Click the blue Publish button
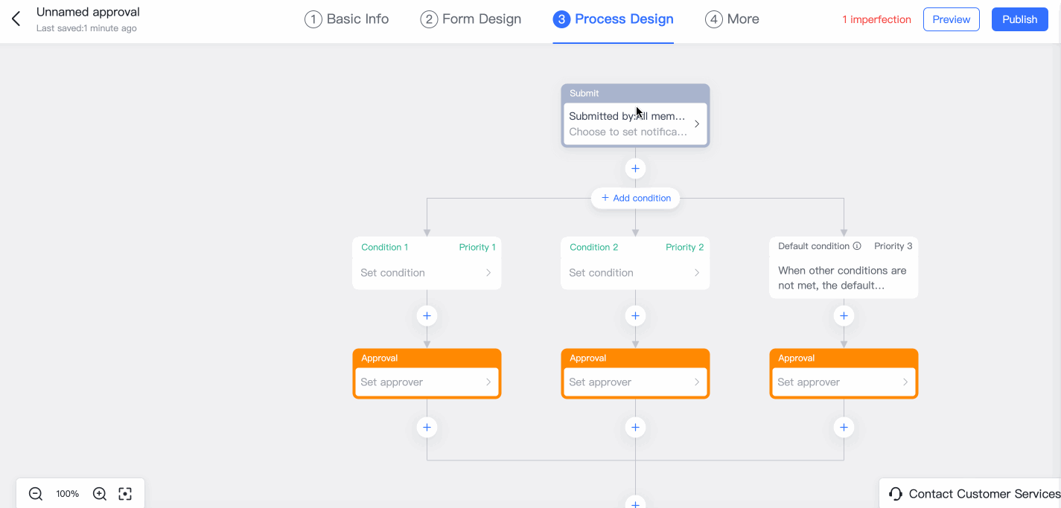[1019, 19]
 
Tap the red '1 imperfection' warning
[876, 19]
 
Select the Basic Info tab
[346, 19]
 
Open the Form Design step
[471, 19]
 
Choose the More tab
[732, 19]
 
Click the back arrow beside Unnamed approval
[16, 19]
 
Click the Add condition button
[635, 198]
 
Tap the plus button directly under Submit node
[635, 168]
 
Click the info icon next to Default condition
[857, 246]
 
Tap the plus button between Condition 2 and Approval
[635, 315]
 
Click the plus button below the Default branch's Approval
[844, 427]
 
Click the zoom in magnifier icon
[100, 494]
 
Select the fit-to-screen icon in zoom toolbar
[125, 494]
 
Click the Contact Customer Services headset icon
[895, 494]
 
